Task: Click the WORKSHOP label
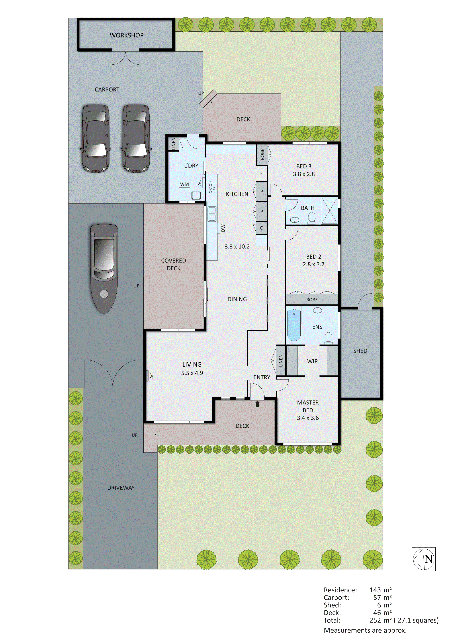[127, 35]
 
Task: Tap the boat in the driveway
[104, 268]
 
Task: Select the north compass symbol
[423, 559]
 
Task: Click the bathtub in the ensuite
[294, 325]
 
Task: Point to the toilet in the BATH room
[312, 218]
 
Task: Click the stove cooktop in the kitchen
[212, 187]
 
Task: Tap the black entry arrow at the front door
[257, 403]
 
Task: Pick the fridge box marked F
[261, 173]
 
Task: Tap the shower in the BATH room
[330, 210]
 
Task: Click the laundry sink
[196, 195]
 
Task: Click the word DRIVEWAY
[121, 488]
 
